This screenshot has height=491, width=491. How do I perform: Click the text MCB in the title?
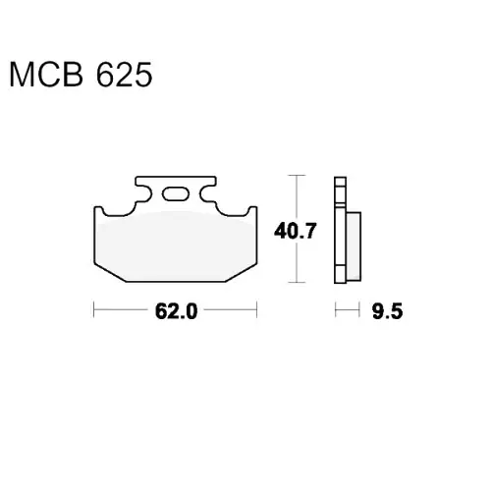[46, 75]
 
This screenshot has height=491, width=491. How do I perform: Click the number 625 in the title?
[125, 75]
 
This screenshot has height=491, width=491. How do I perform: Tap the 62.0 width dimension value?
[176, 311]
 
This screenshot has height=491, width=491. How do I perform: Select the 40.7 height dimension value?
[296, 231]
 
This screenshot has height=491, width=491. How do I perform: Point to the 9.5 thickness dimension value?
[387, 311]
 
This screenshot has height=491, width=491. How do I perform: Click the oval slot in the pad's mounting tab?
[176, 194]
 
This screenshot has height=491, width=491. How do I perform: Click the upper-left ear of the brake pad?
[98, 210]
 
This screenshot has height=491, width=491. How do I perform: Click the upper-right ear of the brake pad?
[252, 210]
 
